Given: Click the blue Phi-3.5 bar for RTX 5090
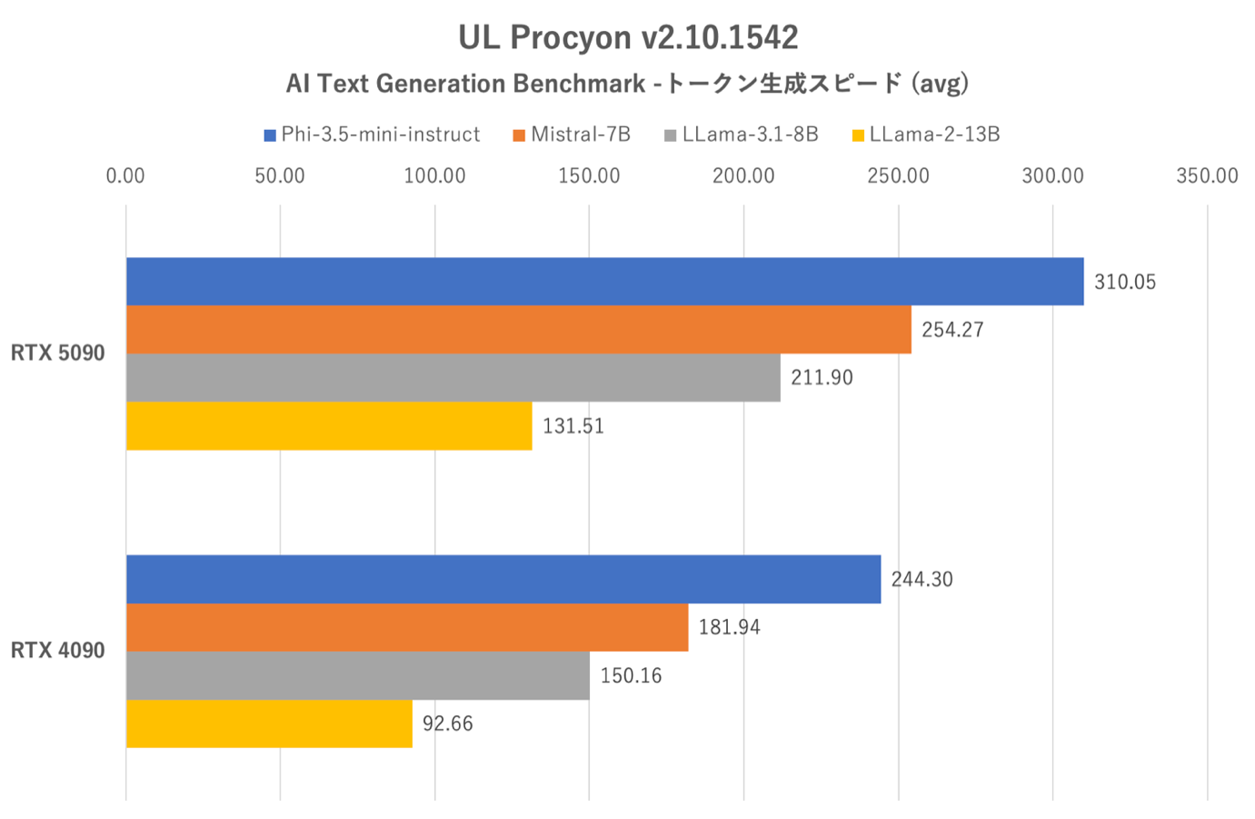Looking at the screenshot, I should click(604, 282).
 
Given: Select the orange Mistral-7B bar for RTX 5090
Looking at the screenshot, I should click(518, 330).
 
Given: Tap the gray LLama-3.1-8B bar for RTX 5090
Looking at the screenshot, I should click(453, 377).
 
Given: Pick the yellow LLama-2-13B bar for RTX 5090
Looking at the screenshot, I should click(329, 425).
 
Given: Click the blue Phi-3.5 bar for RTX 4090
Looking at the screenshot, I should click(503, 579).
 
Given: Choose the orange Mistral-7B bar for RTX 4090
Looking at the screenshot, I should click(406, 627).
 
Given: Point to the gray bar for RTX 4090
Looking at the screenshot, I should click(357, 675).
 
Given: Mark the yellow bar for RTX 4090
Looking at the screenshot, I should click(269, 724).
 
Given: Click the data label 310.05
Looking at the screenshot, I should click(1125, 283).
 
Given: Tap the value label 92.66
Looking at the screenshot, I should click(447, 724).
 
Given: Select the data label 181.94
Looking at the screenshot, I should click(729, 628).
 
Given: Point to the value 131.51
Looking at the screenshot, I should click(573, 426).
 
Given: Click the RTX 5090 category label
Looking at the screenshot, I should click(58, 354).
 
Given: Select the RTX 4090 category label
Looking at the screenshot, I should click(58, 651).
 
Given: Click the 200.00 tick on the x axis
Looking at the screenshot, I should click(743, 176).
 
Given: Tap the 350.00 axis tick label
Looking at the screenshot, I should click(1207, 176).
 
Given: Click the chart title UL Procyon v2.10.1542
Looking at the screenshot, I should click(628, 37).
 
